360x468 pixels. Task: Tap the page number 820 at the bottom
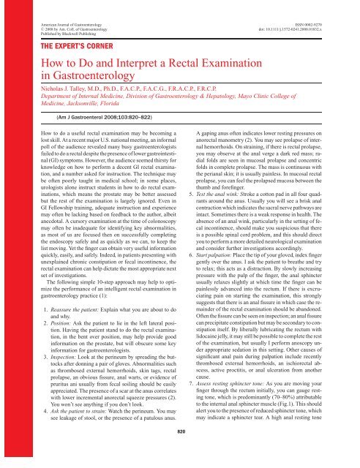point(180,453)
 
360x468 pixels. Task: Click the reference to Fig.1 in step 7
point(303,416)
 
